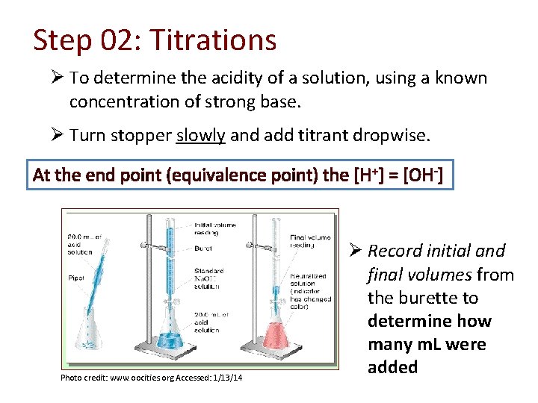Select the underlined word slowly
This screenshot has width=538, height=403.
pos(200,135)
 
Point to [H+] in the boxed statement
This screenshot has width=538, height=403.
pos(364,175)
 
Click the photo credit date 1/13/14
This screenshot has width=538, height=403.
pos(225,378)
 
